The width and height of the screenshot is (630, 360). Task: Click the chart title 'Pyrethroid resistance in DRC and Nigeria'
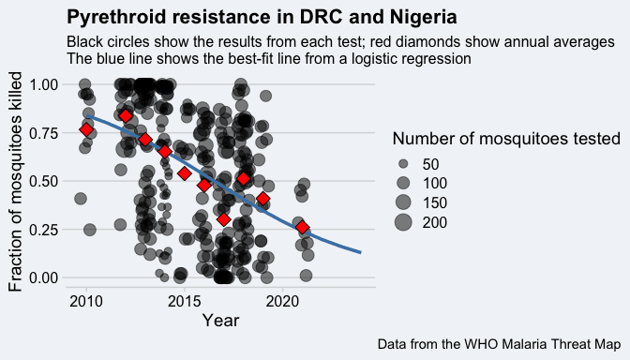point(262,18)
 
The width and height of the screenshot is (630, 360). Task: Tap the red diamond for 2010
point(86,129)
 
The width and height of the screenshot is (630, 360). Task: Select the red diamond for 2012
point(126,116)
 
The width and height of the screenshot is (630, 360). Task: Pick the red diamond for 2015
point(185,173)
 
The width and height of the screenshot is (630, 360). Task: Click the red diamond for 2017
point(224,219)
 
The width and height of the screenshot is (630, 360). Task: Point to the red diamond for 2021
point(303,228)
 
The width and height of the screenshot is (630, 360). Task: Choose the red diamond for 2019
point(263,199)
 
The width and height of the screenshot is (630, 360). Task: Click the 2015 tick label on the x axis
point(185,301)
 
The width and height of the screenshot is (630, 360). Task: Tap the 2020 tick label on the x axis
point(283,301)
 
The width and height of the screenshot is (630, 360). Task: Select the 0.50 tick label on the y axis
point(44,181)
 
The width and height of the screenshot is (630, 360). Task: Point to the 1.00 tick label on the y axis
point(44,84)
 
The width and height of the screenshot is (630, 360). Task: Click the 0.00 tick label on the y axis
point(44,277)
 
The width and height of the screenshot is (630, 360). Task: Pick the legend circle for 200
point(403,222)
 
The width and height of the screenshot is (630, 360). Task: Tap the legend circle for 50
point(403,164)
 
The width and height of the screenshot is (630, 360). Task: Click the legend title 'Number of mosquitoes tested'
point(506,139)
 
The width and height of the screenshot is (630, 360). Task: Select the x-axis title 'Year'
point(220,321)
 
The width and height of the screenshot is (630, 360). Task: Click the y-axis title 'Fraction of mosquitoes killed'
point(15,182)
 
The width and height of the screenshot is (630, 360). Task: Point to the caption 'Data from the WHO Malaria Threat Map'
point(499,344)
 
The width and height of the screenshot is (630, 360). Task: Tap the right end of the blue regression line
point(361,252)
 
